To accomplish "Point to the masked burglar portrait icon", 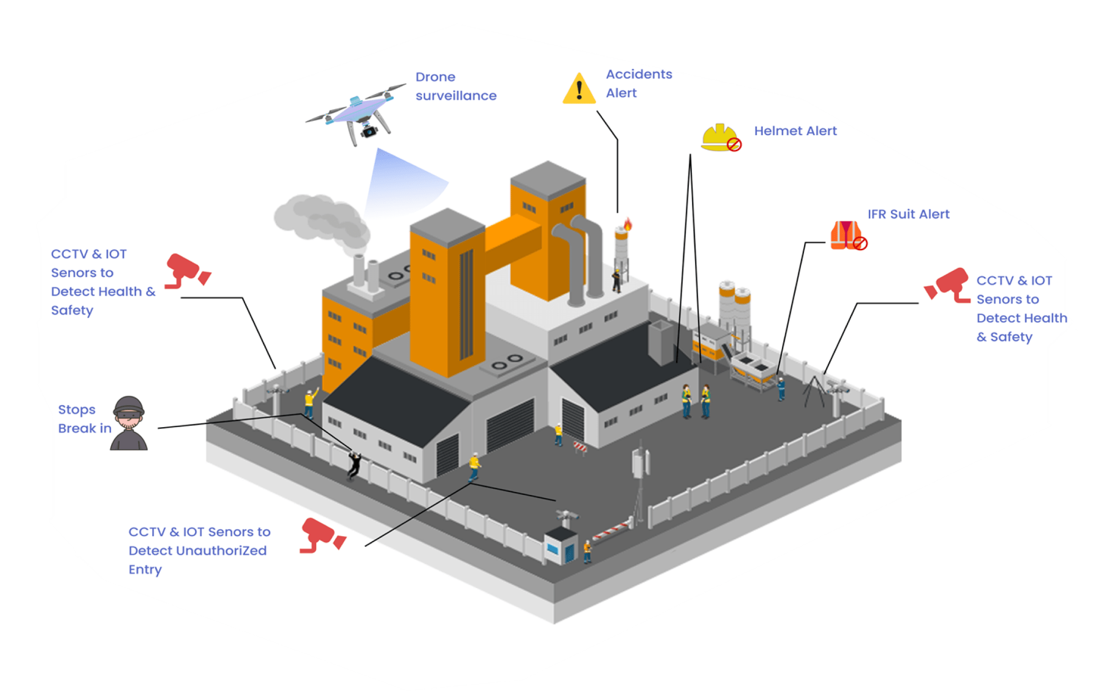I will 129,423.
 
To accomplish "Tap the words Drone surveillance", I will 455,86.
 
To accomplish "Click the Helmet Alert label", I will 795,131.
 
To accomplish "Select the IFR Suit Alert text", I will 908,214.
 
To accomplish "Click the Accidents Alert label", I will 638,83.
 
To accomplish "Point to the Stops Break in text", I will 84,419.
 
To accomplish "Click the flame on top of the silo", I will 627,224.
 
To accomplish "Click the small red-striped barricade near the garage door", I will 580,447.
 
